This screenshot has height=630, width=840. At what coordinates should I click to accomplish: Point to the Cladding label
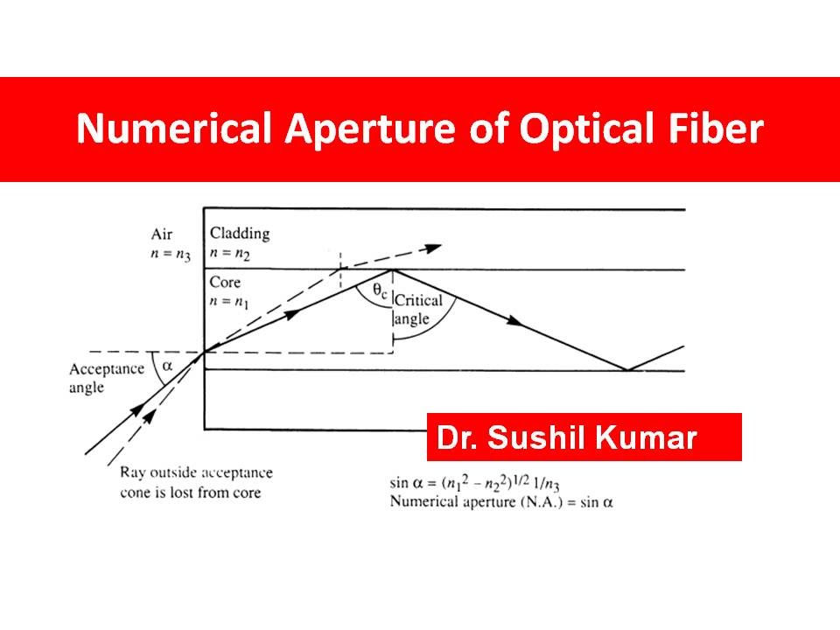240,234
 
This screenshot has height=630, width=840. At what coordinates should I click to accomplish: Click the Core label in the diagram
225,283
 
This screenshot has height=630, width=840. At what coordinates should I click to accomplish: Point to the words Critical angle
418,310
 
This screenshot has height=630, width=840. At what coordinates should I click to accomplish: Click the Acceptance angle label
106,377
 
